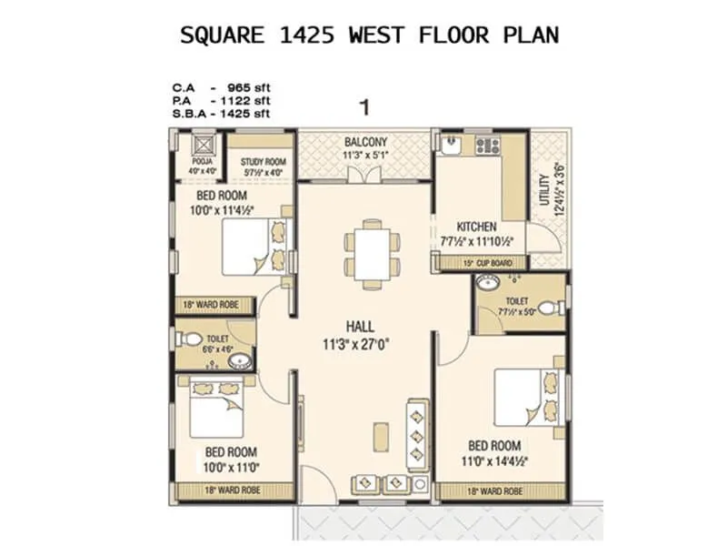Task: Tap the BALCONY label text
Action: pos(365,142)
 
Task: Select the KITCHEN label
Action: pos(476,227)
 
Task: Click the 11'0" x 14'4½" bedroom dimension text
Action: pos(494,460)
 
